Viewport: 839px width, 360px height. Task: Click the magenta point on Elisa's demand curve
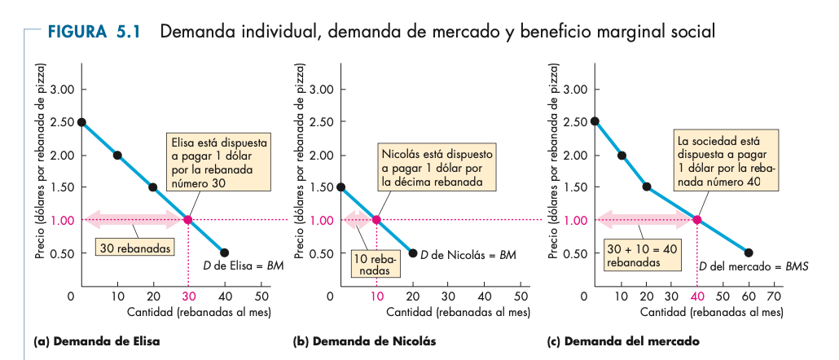click(188, 220)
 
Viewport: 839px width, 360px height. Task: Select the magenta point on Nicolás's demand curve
click(376, 220)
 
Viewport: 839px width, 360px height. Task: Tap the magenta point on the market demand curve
click(697, 220)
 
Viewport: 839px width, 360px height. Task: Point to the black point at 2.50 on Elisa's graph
click(81, 122)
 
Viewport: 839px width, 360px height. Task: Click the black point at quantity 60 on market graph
click(749, 252)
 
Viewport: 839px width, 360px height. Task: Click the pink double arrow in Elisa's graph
click(135, 219)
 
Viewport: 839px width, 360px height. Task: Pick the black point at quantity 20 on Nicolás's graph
click(412, 252)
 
